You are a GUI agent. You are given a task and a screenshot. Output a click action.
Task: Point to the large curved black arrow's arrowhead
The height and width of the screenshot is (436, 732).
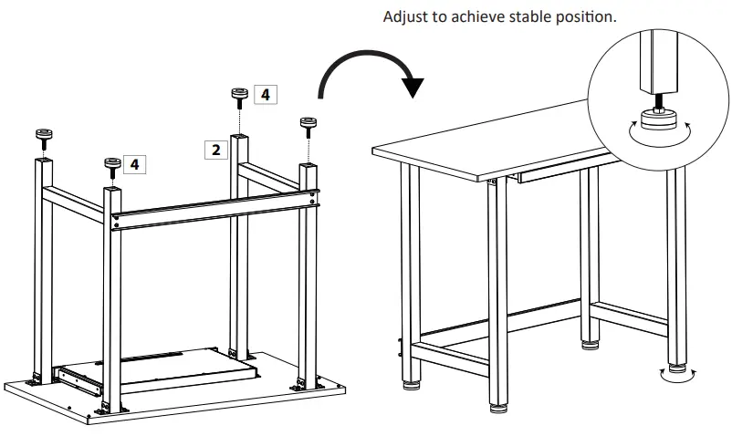coord(413,87)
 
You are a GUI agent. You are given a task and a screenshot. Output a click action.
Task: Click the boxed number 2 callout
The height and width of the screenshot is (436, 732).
coord(215,150)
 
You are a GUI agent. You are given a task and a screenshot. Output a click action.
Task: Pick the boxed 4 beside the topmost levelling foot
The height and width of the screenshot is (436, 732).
coord(265,94)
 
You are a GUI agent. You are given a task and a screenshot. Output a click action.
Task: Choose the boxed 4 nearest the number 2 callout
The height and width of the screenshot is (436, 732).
coord(134,164)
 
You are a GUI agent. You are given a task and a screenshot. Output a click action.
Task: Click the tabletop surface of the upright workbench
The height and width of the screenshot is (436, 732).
coord(484,155)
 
